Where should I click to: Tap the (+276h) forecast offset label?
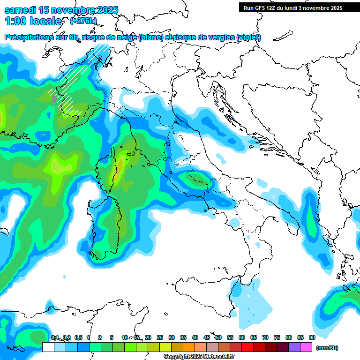click(82, 21)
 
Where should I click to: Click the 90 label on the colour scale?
click(312, 337)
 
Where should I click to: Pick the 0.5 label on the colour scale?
click(78, 337)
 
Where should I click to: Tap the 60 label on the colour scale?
click(242, 337)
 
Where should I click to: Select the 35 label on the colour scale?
click(183, 337)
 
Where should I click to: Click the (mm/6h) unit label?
click(327, 348)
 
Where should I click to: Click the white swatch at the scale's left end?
click(48, 347)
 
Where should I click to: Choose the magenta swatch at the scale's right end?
click(306, 347)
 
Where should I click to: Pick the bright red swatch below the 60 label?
click(247, 347)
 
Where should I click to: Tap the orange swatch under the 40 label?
click(189, 347)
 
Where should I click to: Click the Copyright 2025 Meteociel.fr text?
click(199, 357)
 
